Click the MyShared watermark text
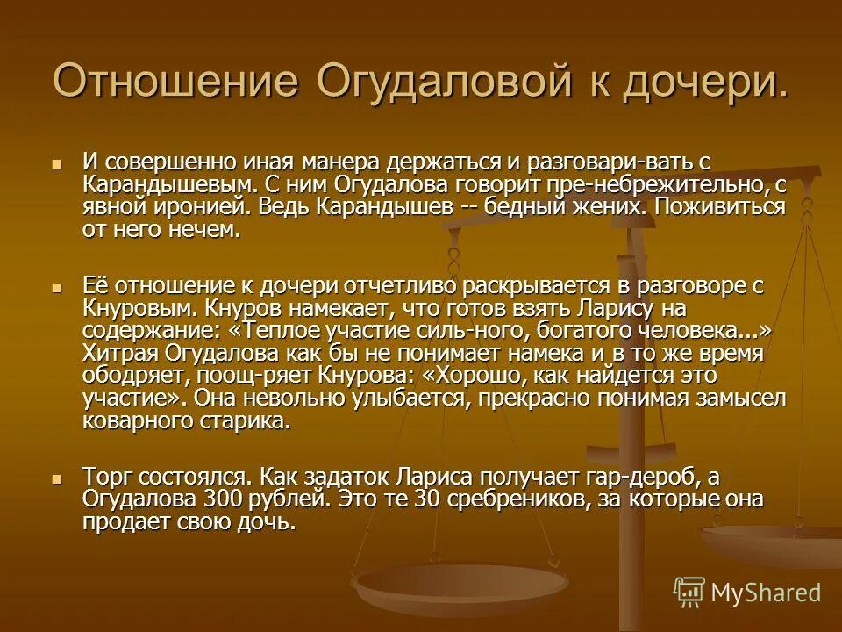coord(765,592)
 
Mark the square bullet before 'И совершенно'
coord(58,162)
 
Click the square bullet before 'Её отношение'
coord(58,287)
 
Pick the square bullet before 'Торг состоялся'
coord(58,478)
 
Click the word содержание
coord(144,332)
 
